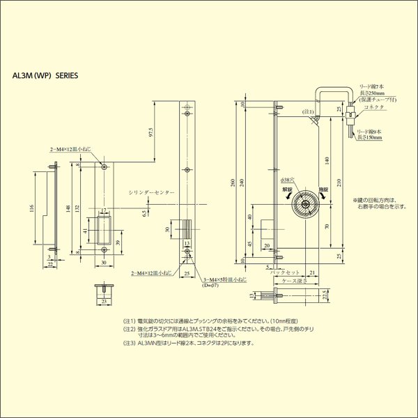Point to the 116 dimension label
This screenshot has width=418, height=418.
tap(32, 210)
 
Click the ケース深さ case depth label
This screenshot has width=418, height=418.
tap(291, 281)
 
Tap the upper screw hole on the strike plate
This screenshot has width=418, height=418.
tap(104, 168)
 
